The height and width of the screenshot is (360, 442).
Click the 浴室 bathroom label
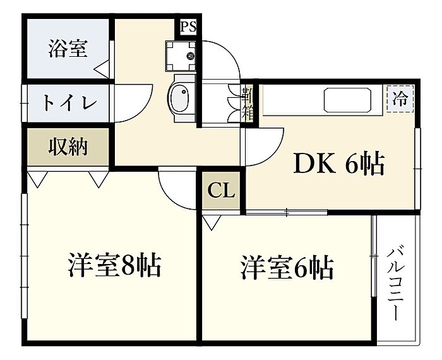67,49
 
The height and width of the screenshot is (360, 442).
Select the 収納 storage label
68,147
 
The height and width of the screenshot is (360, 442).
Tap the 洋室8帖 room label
115,266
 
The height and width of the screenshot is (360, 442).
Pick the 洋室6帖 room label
287,268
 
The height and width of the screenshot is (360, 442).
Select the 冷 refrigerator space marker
400,99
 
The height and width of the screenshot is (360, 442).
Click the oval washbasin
181,100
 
